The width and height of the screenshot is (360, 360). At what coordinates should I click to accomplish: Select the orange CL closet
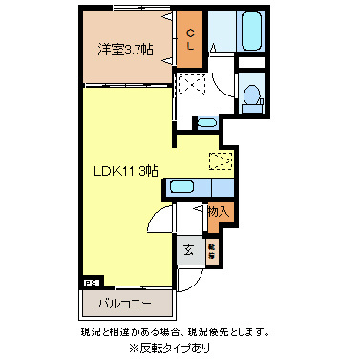point(190,40)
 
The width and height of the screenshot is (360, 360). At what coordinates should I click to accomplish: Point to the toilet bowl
point(249,95)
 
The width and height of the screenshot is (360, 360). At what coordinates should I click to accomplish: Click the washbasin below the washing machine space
point(205,122)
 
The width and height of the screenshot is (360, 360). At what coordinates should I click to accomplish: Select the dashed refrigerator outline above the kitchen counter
point(221,161)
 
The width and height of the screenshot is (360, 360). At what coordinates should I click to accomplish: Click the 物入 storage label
point(218,212)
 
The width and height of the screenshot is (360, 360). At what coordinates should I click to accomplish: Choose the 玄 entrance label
point(188,250)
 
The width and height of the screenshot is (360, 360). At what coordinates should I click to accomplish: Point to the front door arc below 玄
point(188,279)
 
